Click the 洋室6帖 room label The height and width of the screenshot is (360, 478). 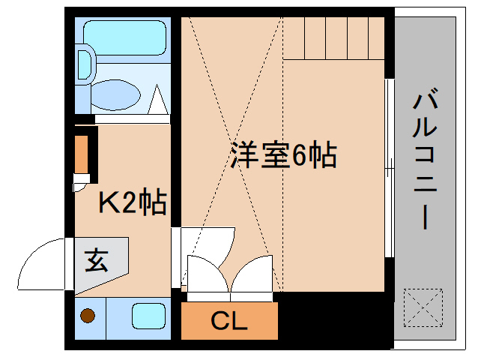(x=282, y=155)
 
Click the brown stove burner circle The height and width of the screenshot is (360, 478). (x=88, y=316)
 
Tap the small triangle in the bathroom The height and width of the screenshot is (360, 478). (x=158, y=98)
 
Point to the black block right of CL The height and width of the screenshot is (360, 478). (x=334, y=319)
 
